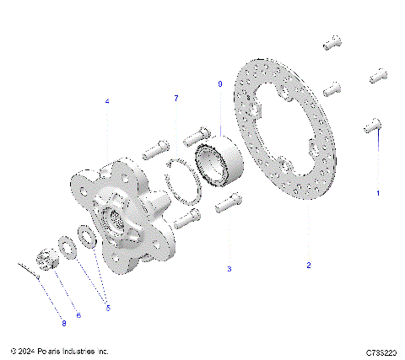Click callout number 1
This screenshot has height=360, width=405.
coord(378,193)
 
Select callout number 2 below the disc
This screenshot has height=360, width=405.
coord(309,266)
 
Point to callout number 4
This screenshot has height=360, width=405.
coord(107,101)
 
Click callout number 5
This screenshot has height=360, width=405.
coord(108,309)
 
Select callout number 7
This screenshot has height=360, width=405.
coord(175,99)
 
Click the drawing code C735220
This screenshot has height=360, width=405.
coord(381,352)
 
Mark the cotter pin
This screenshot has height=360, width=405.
coord(27,268)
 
